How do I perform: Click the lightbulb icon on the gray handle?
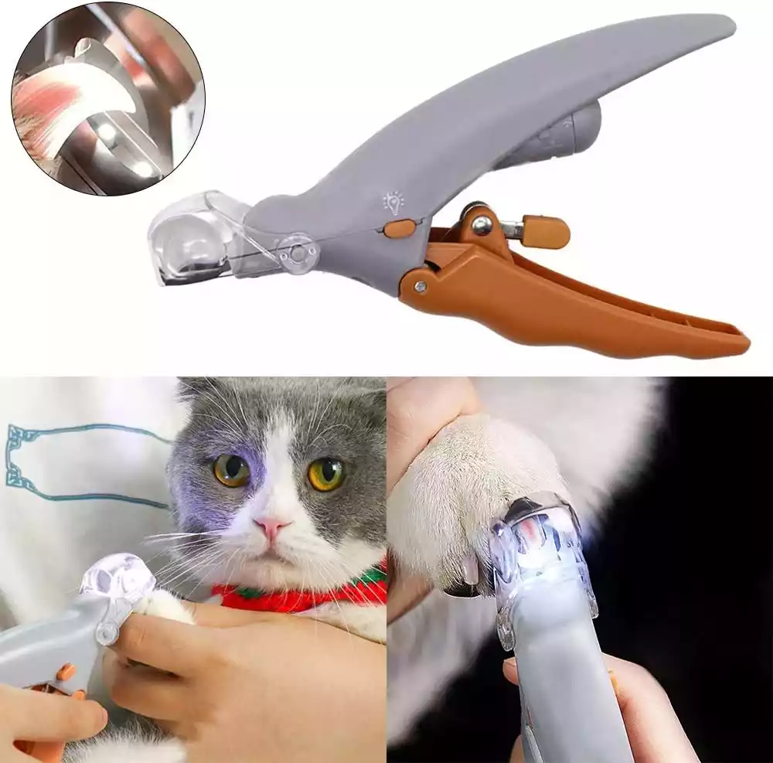pos(393,203)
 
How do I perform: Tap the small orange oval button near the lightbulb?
pos(400,228)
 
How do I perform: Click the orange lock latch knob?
pos(545,231)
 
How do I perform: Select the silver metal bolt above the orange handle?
pos(481,225)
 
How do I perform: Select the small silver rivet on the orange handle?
pos(420,286)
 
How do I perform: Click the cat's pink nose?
pos(273,528)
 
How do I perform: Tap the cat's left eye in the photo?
pos(232,470)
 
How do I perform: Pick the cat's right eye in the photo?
pos(326,474)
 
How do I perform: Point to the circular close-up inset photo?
pos(108,98)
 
